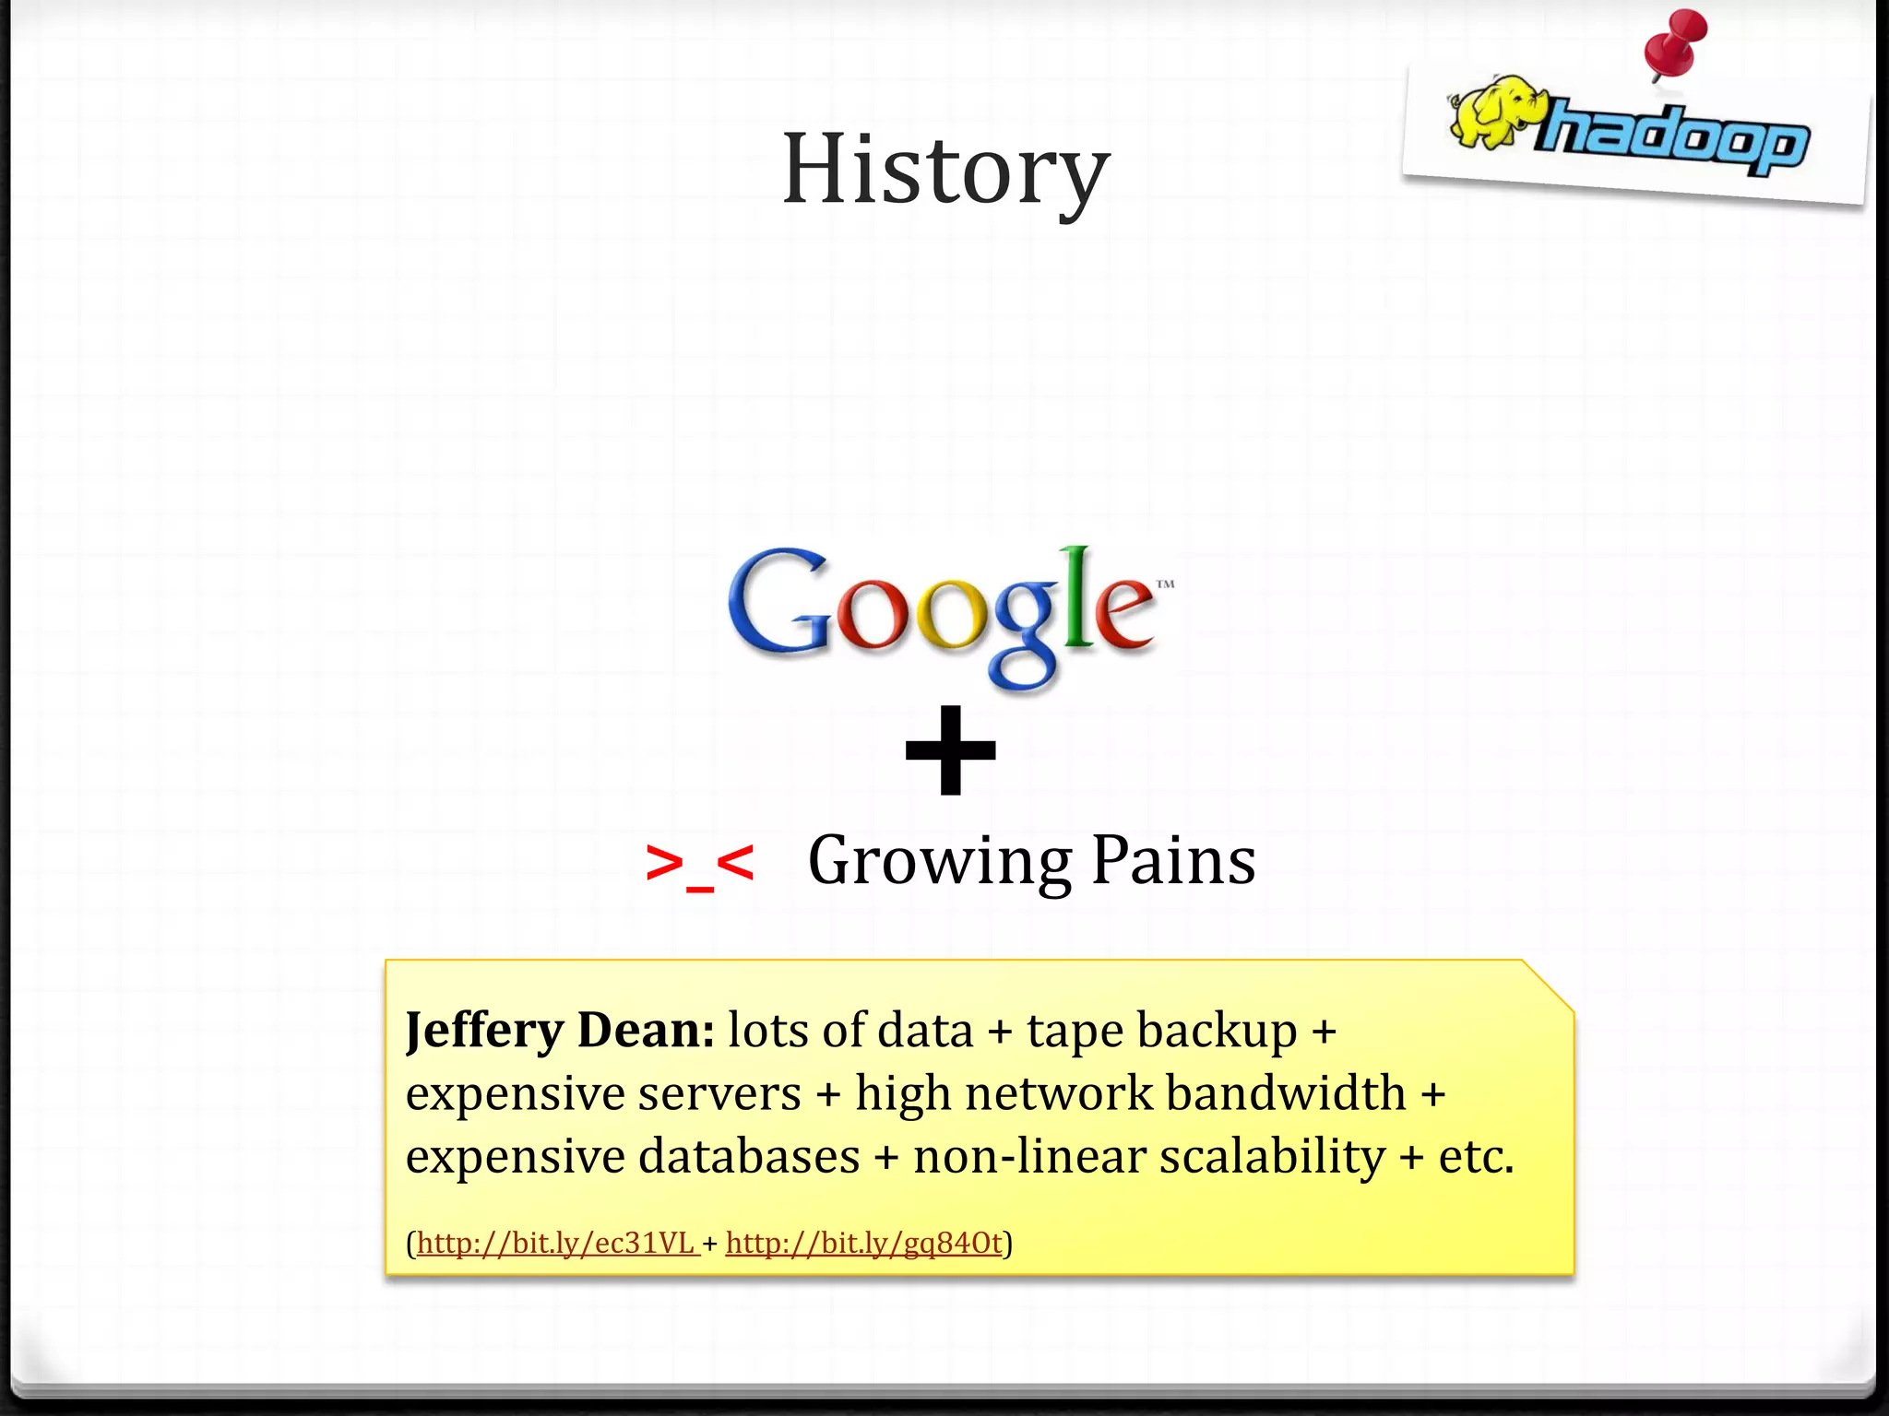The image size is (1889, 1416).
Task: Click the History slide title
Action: [945, 171]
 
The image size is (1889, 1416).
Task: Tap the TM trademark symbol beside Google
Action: [1165, 584]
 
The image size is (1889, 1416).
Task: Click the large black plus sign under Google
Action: [951, 749]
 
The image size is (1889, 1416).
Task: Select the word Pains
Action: [1173, 860]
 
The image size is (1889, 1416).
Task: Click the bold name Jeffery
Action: [484, 1030]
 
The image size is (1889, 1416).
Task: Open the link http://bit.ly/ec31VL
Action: [555, 1244]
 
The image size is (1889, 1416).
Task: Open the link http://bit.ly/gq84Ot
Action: [863, 1244]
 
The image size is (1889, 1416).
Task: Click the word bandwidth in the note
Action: [1286, 1093]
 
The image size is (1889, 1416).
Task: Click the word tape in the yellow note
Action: [1073, 1031]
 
